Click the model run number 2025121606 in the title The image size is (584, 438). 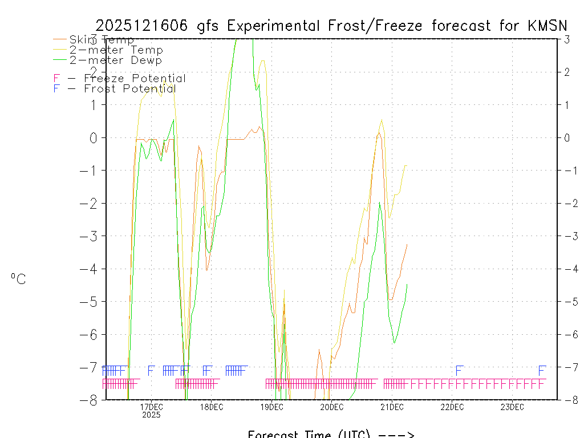point(143,26)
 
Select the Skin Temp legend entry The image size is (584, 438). point(102,40)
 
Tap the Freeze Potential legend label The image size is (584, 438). point(135,79)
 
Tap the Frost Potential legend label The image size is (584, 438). point(130,89)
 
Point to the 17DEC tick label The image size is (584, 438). point(151,407)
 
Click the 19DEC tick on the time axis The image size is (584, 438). point(271,407)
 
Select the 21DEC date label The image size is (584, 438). point(392,407)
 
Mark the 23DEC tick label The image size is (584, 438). point(512,407)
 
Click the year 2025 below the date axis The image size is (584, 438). point(151,415)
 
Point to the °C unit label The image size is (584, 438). point(18,279)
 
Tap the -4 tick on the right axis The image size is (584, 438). point(566,269)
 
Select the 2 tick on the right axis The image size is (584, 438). point(567,72)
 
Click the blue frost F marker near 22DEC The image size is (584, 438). point(459,371)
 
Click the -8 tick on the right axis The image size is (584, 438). point(566,400)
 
